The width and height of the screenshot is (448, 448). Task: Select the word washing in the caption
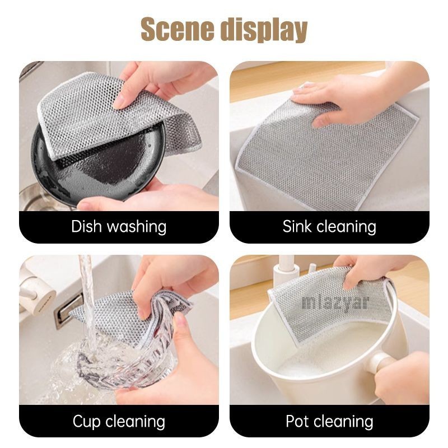(x=137, y=227)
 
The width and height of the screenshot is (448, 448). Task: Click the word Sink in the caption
(x=297, y=226)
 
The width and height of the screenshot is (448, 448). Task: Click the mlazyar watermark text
(x=335, y=302)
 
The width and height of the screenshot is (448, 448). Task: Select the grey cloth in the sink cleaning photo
(x=326, y=155)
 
